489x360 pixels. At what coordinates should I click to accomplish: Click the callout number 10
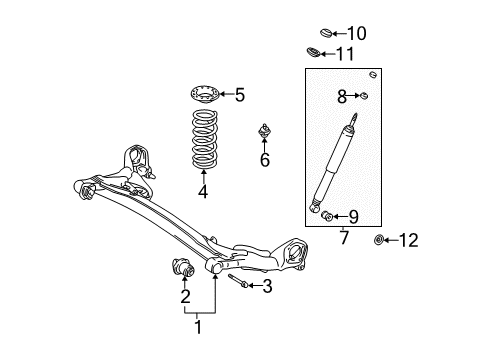click(356, 34)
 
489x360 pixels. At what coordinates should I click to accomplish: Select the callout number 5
click(239, 95)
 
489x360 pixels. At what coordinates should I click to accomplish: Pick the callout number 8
click(341, 97)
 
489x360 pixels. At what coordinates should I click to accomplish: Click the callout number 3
click(267, 287)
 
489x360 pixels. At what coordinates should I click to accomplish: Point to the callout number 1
click(197, 325)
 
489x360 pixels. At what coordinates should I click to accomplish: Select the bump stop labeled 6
click(265, 130)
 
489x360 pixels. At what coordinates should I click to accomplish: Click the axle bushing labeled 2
click(183, 268)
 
